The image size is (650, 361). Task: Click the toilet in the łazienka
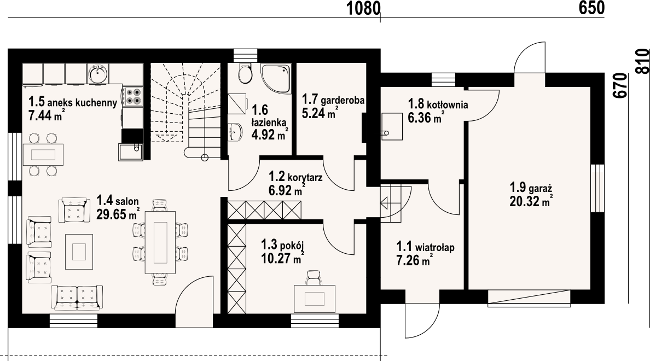click(x=245, y=73)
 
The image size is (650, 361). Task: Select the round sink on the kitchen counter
click(x=98, y=74)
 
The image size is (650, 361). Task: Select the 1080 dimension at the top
click(x=363, y=8)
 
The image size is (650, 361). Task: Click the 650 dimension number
click(x=591, y=8)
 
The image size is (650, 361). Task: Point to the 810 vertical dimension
click(x=642, y=61)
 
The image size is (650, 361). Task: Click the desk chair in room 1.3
click(x=314, y=277)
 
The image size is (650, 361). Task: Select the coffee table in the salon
click(x=79, y=251)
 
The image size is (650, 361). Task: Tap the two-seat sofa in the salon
click(x=77, y=297)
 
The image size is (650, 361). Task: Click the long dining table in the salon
click(x=160, y=242)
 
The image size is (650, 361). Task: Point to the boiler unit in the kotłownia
click(x=392, y=126)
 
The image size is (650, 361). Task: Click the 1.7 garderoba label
click(x=333, y=100)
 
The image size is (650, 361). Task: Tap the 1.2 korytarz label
click(x=295, y=177)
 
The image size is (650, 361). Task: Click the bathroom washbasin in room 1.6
click(x=235, y=132)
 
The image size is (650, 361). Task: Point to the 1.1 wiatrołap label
click(x=425, y=247)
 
